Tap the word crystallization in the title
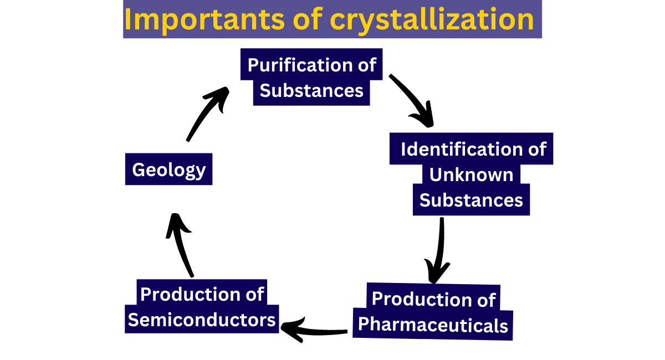(432, 19)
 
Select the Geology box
(169, 169)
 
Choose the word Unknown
(471, 175)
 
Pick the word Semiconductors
(202, 320)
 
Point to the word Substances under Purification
(311, 90)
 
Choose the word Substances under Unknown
(471, 200)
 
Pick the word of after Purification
(365, 65)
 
